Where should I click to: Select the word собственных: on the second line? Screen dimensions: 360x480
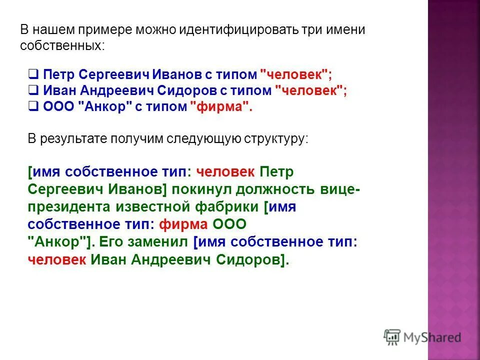point(63,45)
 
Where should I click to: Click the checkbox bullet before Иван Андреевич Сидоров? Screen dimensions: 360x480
point(33,91)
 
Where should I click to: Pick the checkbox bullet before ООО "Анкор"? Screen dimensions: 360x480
point(33,106)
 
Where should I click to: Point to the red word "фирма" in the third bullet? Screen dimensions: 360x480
point(218,107)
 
